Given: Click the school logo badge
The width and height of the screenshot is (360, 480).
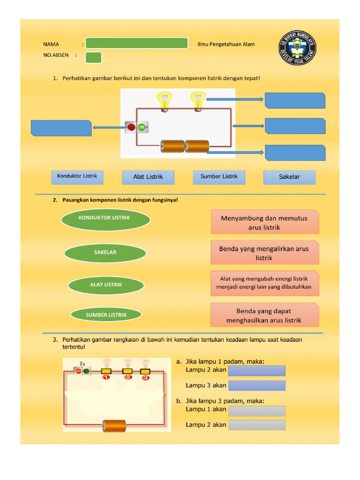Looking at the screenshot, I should coord(298,48).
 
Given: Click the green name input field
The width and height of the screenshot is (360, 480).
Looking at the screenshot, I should coord(136,44).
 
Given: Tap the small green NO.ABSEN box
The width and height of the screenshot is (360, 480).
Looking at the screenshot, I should coord(94,57).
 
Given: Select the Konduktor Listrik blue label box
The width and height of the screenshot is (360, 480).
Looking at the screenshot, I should coord(77,177).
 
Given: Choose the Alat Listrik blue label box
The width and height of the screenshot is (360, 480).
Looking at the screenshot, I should coord(148,177).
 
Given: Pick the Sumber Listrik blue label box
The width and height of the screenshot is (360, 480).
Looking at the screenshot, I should coord(219,177).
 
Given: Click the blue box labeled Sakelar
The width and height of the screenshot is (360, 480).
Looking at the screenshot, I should coord(289,177).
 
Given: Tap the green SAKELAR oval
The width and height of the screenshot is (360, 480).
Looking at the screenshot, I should coord(105,253).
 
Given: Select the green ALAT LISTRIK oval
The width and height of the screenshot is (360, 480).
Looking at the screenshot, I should coord(106,285).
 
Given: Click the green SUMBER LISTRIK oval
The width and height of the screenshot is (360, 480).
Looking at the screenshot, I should coord(106,315).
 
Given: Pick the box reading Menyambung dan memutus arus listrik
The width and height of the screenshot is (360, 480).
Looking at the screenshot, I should coord(265,222).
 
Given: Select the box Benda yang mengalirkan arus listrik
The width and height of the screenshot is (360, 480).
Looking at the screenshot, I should coord(265,253).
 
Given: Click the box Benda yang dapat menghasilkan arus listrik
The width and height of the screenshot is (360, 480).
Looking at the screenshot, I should coord(265,315).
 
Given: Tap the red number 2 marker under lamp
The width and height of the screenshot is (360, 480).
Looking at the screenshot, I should coord(127,377).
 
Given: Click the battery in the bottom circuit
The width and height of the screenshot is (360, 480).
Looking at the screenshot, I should coord(114,426).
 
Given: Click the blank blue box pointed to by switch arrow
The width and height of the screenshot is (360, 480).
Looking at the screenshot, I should coord(61,128).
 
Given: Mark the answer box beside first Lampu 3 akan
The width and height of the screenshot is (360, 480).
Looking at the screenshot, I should coord(256,386).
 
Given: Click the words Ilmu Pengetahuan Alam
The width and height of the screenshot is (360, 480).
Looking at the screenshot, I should coord(226,45).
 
